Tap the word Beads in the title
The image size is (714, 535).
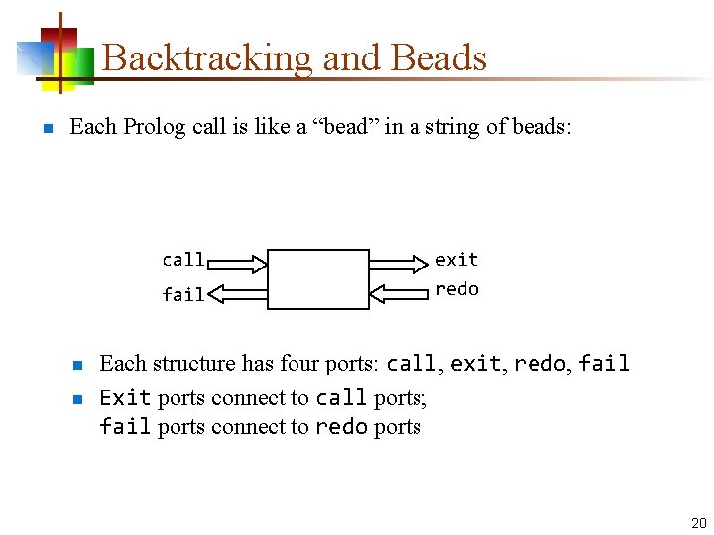tap(439, 58)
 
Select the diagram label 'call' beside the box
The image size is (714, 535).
tap(183, 260)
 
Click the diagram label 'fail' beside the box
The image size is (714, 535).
tap(183, 295)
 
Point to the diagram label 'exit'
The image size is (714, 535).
tap(456, 260)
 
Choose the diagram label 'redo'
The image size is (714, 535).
tap(456, 289)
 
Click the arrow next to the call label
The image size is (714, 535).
tap(238, 263)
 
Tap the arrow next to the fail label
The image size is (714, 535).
tap(238, 293)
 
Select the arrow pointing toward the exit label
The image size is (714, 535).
tap(397, 263)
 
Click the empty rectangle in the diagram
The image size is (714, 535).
tap(318, 279)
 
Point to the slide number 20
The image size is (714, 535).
tap(698, 523)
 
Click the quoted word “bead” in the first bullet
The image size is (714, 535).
tap(349, 127)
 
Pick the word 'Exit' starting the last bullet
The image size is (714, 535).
tap(125, 398)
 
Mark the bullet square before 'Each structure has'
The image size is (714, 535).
tap(76, 365)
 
